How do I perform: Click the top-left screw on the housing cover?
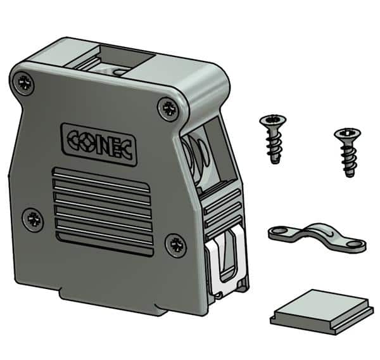pyautogui.click(x=23, y=84)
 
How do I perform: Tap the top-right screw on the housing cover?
pyautogui.click(x=168, y=108)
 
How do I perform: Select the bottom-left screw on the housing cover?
pyautogui.click(x=33, y=219)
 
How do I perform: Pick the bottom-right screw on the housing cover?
pyautogui.click(x=177, y=245)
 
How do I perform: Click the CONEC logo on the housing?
pyautogui.click(x=99, y=145)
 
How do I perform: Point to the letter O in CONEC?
pyautogui.click(x=83, y=142)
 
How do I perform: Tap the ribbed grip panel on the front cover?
pyautogui.click(x=103, y=212)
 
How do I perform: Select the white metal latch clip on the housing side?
pyautogui.click(x=227, y=261)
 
